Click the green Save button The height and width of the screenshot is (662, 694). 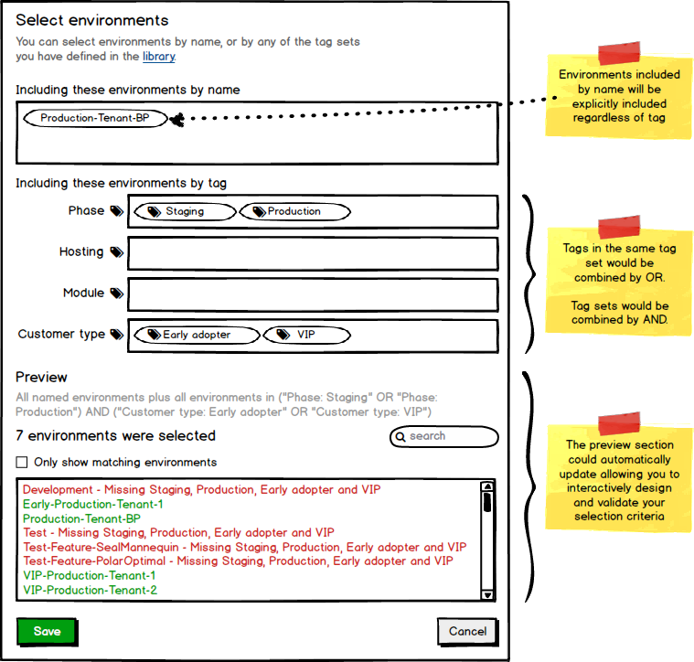pyautogui.click(x=47, y=631)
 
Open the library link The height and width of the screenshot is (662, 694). pyautogui.click(x=157, y=57)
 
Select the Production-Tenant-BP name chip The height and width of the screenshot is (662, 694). pyautogui.click(x=95, y=118)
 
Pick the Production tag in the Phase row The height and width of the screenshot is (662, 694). pyautogui.click(x=294, y=211)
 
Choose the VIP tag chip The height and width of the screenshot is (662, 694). pyautogui.click(x=306, y=335)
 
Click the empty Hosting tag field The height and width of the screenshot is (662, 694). pyautogui.click(x=313, y=253)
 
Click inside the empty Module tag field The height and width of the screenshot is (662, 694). pyautogui.click(x=313, y=294)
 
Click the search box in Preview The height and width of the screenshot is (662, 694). pyautogui.click(x=444, y=436)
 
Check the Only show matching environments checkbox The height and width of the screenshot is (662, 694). pyautogui.click(x=23, y=463)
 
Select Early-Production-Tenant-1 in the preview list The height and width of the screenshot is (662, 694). pyautogui.click(x=93, y=504)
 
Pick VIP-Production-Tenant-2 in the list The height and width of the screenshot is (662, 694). pyautogui.click(x=90, y=590)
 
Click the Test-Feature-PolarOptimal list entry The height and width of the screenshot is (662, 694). pyautogui.click(x=237, y=561)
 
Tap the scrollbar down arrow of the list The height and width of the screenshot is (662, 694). pyautogui.click(x=487, y=594)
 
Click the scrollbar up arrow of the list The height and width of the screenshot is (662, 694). pyautogui.click(x=487, y=486)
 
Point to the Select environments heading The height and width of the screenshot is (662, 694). pyautogui.click(x=91, y=20)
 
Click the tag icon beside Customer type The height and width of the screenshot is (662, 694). pyautogui.click(x=116, y=335)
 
